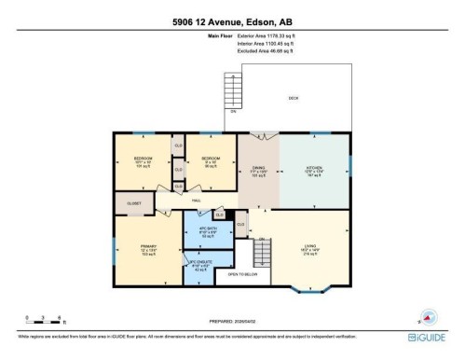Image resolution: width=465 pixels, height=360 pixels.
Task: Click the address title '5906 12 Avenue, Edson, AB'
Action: coord(232,20)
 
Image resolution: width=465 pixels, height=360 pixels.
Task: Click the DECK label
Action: coord(293,97)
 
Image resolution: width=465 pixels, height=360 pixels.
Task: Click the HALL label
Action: coord(197,200)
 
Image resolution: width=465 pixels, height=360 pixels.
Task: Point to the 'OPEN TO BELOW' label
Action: coord(241,274)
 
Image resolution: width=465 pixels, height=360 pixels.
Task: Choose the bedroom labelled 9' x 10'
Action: coord(210,161)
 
